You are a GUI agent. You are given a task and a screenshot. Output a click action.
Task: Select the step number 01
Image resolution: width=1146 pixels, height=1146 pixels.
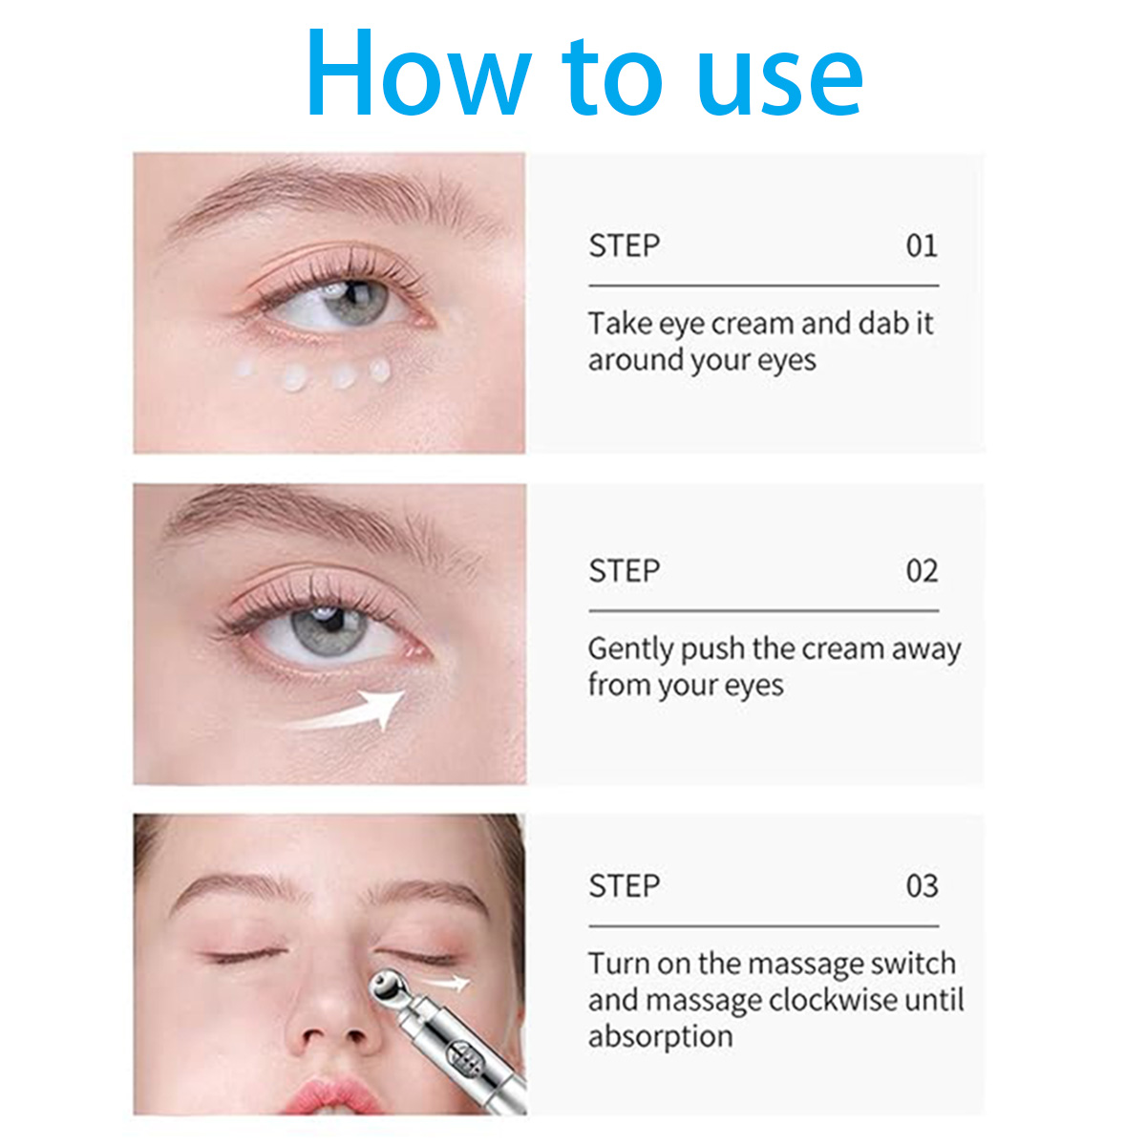(x=922, y=245)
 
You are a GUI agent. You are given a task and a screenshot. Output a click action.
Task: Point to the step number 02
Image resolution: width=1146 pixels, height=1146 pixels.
(x=922, y=571)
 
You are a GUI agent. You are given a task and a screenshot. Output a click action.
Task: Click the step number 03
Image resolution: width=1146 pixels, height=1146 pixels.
(x=922, y=885)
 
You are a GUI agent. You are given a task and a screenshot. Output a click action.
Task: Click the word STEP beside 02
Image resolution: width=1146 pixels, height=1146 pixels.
(x=624, y=571)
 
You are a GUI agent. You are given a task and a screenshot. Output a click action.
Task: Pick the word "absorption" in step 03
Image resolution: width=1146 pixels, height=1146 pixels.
(x=660, y=1038)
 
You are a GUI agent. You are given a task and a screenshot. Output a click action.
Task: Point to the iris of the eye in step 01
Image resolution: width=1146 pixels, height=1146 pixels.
(x=356, y=303)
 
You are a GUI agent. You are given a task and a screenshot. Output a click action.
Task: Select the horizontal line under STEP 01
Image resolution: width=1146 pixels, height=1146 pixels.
(x=764, y=286)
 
